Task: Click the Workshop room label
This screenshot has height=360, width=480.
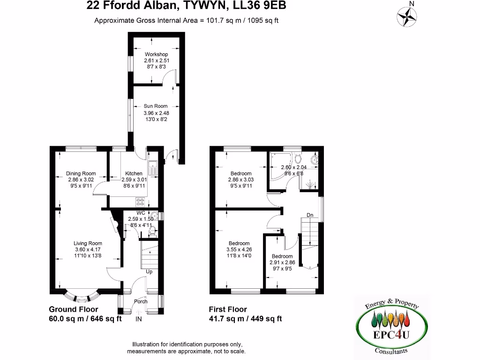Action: click(x=156, y=54)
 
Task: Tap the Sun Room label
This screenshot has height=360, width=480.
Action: click(x=156, y=106)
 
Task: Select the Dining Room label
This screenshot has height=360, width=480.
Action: click(x=81, y=173)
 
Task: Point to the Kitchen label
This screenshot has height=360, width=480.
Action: click(x=134, y=173)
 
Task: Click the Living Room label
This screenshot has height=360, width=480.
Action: click(x=88, y=243)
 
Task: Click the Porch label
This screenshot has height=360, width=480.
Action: click(x=141, y=301)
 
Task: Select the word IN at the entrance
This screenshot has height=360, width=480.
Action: click(x=139, y=319)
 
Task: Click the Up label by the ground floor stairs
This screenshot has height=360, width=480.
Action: click(x=149, y=271)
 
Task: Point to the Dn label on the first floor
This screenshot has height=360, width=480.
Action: click(x=310, y=215)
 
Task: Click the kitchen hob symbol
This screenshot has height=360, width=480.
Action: click(x=140, y=202)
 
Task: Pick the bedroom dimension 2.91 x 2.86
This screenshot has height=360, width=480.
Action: click(x=282, y=263)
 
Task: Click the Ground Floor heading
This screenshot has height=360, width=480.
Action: click(x=74, y=309)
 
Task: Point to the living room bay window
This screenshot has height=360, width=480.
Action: click(x=82, y=297)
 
